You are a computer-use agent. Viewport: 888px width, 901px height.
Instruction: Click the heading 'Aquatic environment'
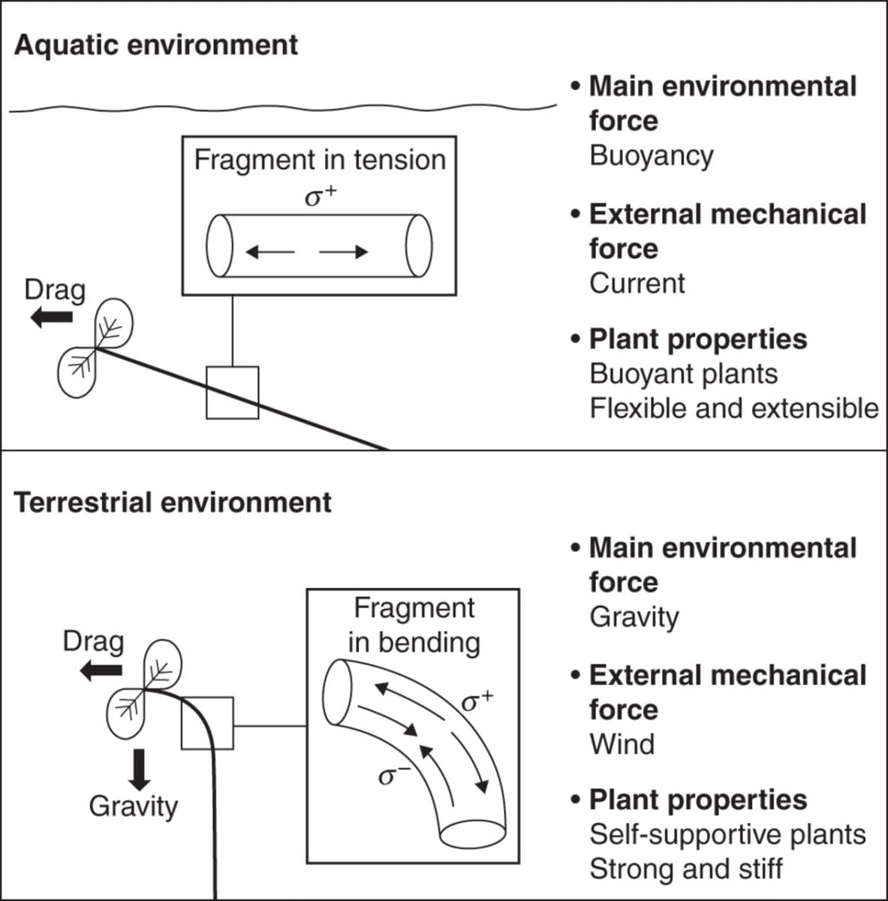click(x=156, y=45)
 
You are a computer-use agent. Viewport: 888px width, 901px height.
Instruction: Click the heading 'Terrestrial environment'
click(x=173, y=502)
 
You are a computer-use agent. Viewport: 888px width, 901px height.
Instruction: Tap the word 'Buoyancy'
click(x=651, y=155)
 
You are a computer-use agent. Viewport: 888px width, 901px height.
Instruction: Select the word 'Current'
click(x=637, y=283)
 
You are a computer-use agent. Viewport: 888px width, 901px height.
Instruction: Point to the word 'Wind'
click(x=622, y=744)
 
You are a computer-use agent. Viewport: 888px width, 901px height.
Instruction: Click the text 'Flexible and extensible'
click(x=733, y=408)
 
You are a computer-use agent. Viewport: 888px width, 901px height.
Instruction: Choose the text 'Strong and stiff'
click(x=685, y=869)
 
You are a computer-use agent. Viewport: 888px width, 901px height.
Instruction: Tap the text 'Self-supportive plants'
click(x=727, y=834)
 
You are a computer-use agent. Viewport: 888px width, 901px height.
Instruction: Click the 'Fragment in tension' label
click(x=320, y=160)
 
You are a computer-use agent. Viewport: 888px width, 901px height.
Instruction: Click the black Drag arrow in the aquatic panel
click(x=51, y=318)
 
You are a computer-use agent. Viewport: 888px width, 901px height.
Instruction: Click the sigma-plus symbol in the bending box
click(x=476, y=701)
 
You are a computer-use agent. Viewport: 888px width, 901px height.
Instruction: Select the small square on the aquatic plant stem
click(x=232, y=392)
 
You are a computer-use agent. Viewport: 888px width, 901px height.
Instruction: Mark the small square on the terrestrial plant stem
click(x=207, y=722)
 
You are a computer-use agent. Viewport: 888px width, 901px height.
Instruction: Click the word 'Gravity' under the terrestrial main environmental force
click(x=634, y=616)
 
